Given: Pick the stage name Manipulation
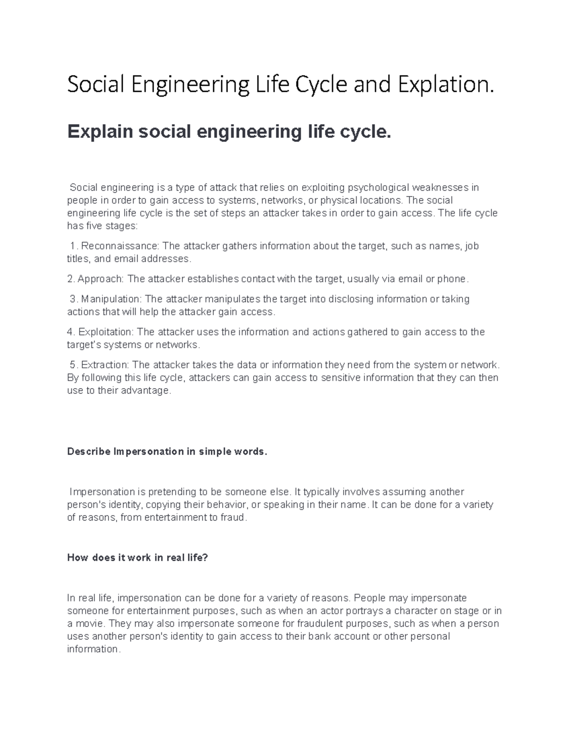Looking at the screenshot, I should click(110, 299).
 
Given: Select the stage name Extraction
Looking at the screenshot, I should click(104, 365).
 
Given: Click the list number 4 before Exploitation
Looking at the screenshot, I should click(70, 332).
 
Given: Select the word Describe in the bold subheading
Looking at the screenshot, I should click(89, 452).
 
